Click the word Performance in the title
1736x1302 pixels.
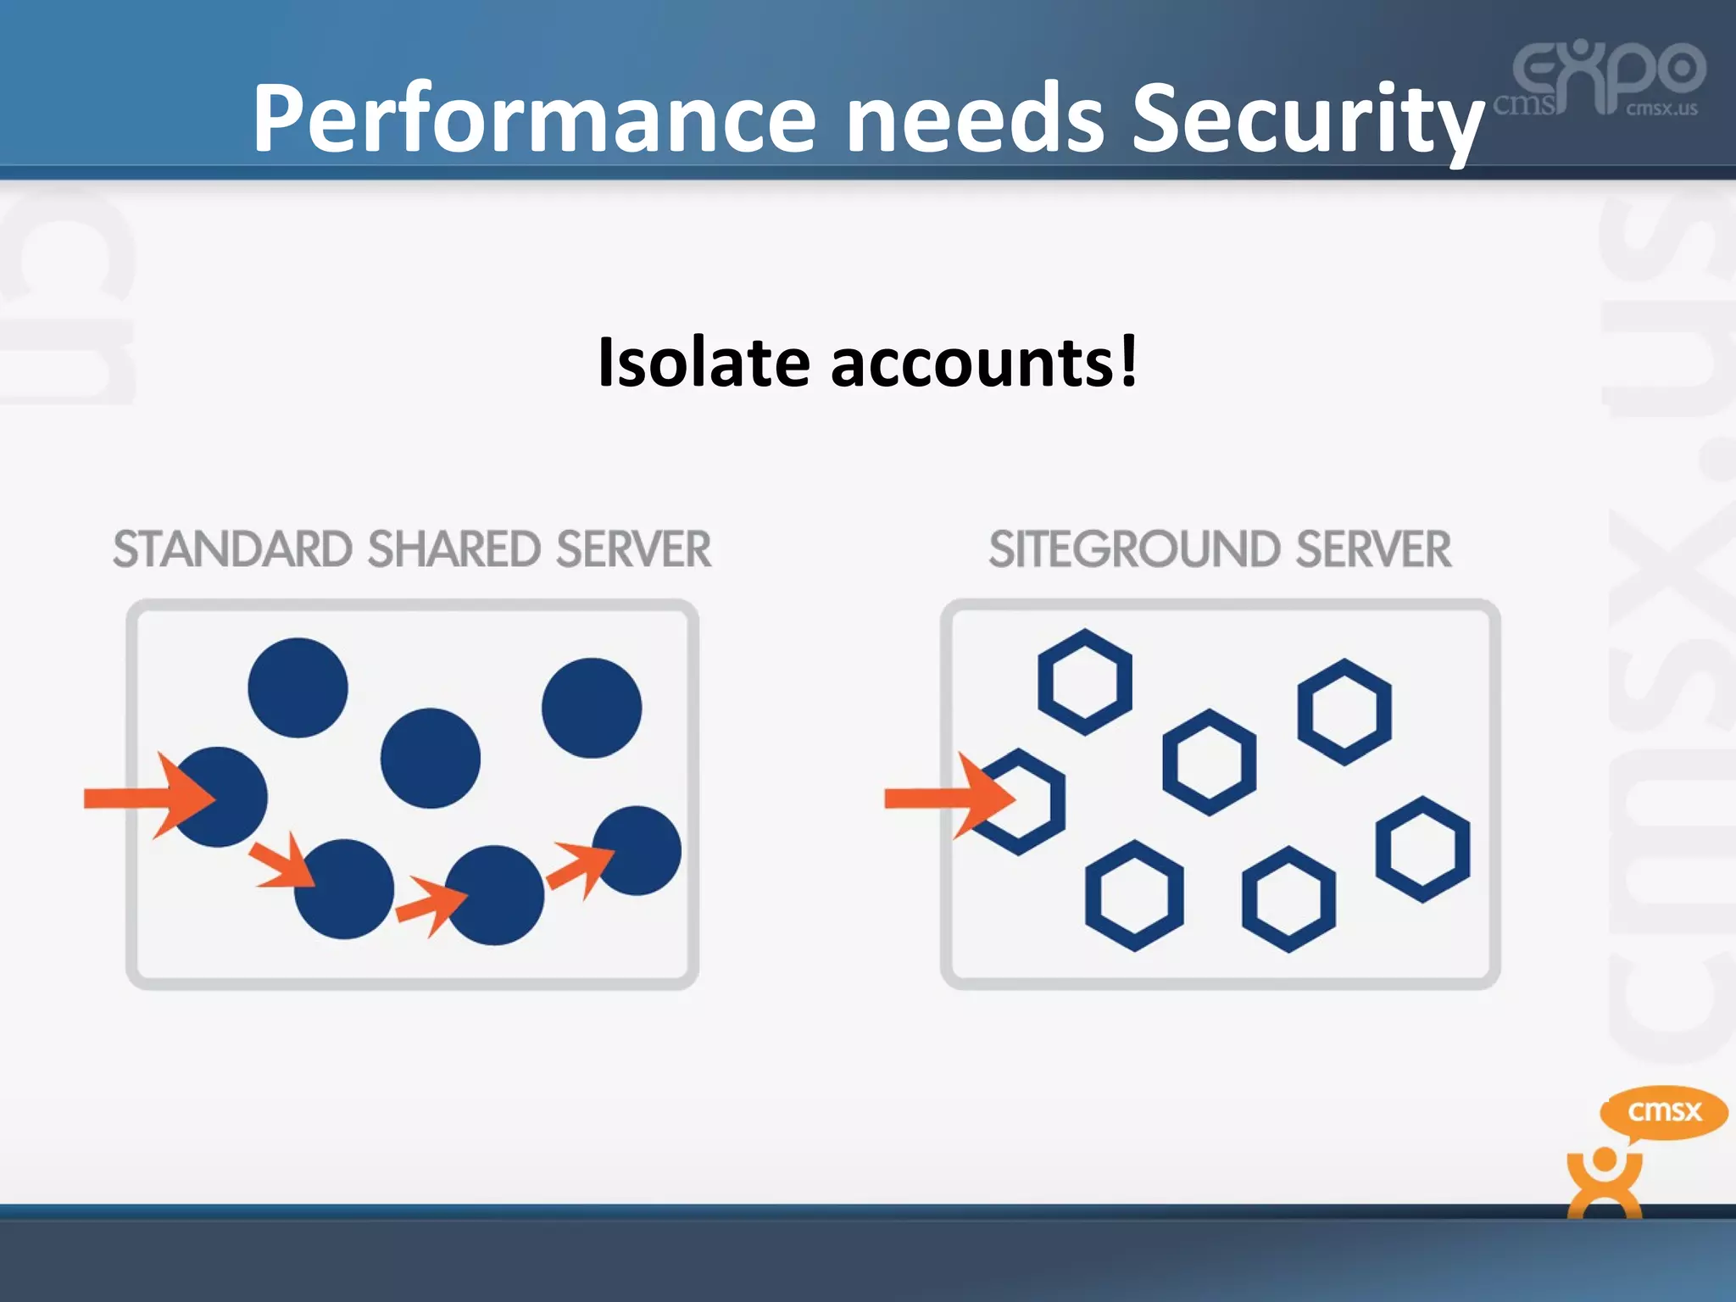(x=534, y=119)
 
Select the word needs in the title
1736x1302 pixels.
(x=975, y=119)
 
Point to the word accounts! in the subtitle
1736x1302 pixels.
(x=983, y=363)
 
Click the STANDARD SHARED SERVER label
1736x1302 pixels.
(x=412, y=549)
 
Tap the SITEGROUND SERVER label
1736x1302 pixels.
(x=1220, y=549)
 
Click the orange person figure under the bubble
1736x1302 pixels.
(x=1605, y=1182)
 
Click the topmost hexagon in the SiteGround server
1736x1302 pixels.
(x=1085, y=682)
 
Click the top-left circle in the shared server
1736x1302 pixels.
(x=298, y=687)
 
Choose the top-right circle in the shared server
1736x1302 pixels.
(x=592, y=708)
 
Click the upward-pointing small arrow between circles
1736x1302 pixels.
(x=581, y=868)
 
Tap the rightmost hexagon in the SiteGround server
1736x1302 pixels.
(x=1422, y=849)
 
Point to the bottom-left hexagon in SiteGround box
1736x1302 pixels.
(x=1134, y=896)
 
